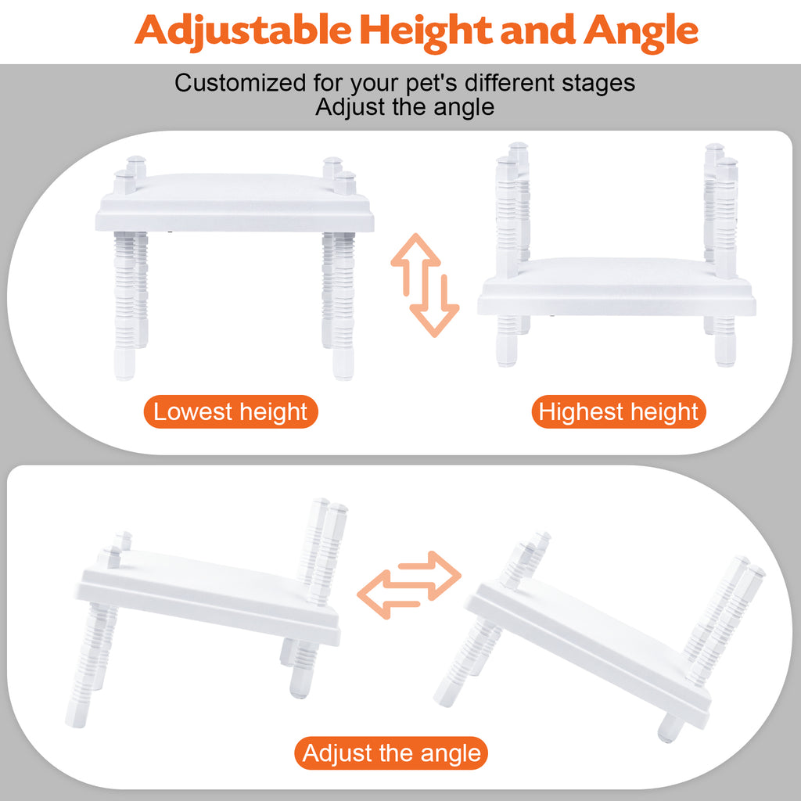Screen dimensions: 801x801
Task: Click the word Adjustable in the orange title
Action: tap(243, 31)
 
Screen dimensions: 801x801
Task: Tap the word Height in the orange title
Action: tap(426, 31)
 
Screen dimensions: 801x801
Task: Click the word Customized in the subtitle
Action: tap(240, 83)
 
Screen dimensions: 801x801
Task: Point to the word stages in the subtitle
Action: tap(598, 84)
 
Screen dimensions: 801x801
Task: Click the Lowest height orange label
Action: tap(231, 411)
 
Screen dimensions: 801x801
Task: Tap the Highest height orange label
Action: tap(619, 411)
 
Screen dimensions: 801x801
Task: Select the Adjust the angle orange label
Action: tap(391, 753)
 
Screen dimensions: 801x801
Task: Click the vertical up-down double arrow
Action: tap(425, 285)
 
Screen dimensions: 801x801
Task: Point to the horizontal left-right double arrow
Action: tap(409, 585)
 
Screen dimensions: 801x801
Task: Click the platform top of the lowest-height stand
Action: tap(235, 203)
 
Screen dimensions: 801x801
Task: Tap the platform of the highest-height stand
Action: tap(616, 286)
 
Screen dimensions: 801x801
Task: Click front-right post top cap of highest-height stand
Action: tap(727, 164)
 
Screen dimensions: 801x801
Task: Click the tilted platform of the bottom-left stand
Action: tap(208, 597)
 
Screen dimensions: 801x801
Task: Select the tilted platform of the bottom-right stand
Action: tap(588, 648)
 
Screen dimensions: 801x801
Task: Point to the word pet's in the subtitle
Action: tap(431, 84)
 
